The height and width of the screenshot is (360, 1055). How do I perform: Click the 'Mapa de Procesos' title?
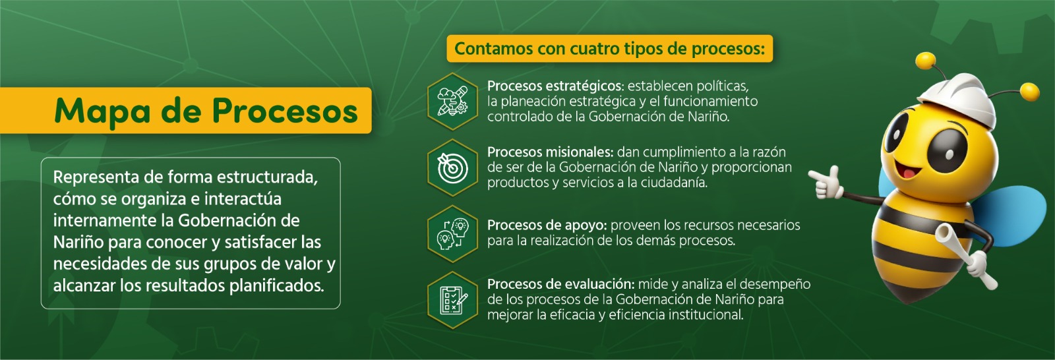[x=206, y=111]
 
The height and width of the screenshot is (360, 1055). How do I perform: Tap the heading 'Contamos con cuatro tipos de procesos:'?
[x=609, y=49]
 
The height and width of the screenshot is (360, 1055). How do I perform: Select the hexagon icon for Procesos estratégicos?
[x=452, y=102]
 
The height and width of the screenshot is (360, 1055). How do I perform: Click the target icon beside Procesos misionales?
[x=452, y=167]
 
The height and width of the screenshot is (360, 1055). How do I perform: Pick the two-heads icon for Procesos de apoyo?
[x=452, y=233]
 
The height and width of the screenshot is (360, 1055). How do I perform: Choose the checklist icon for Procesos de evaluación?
[x=452, y=300]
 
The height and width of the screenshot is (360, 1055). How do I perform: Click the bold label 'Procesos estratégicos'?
[x=555, y=86]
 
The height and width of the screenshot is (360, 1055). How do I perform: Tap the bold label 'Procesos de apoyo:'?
[x=547, y=225]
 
